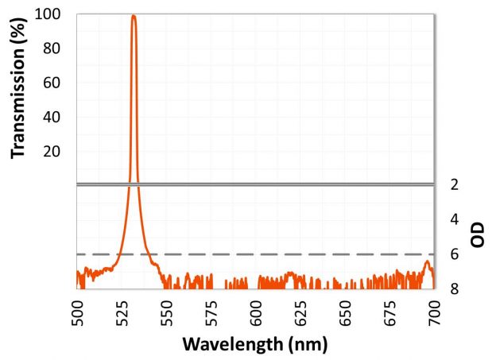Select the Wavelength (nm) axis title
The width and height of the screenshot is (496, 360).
pyautogui.click(x=254, y=345)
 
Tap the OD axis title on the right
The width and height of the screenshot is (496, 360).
pyautogui.click(x=479, y=236)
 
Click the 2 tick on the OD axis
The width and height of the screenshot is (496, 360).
pyautogui.click(x=454, y=185)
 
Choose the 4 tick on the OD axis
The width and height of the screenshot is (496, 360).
pyautogui.click(x=454, y=219)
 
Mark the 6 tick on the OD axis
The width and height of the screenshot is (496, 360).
pyautogui.click(x=454, y=254)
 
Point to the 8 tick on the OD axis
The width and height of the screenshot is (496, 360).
pyautogui.click(x=454, y=288)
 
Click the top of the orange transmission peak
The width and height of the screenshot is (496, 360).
pyautogui.click(x=134, y=16)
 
